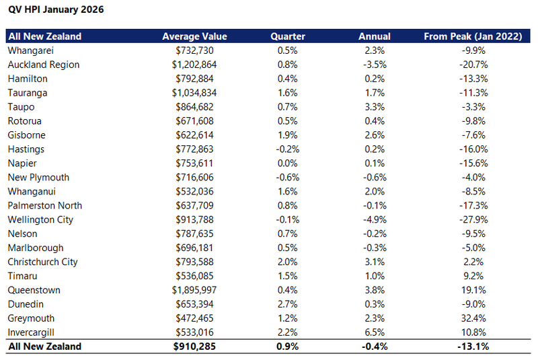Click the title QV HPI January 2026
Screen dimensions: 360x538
pyautogui.click(x=56, y=11)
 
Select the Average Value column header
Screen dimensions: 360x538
pyautogui.click(x=194, y=36)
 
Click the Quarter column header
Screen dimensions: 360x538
pyautogui.click(x=288, y=36)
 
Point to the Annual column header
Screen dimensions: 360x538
pyautogui.click(x=374, y=36)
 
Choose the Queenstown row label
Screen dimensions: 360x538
pyautogui.click(x=34, y=290)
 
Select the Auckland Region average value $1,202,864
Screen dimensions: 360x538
pyautogui.click(x=194, y=65)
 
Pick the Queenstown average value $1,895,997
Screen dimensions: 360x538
pyautogui.click(x=194, y=290)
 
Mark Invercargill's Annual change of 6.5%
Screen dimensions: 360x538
pyautogui.click(x=374, y=332)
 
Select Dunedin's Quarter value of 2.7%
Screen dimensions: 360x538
pyautogui.click(x=288, y=304)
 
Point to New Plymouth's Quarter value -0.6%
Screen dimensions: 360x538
pyautogui.click(x=288, y=178)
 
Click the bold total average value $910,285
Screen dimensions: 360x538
pyautogui.click(x=194, y=347)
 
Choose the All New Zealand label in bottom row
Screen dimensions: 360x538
pyautogui.click(x=44, y=347)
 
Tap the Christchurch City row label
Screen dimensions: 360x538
pyautogui.click(x=42, y=262)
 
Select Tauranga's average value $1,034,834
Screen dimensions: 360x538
pyautogui.click(x=194, y=93)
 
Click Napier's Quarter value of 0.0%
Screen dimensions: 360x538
pyautogui.click(x=288, y=164)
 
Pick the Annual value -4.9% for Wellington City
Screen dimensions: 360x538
pyautogui.click(x=374, y=220)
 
